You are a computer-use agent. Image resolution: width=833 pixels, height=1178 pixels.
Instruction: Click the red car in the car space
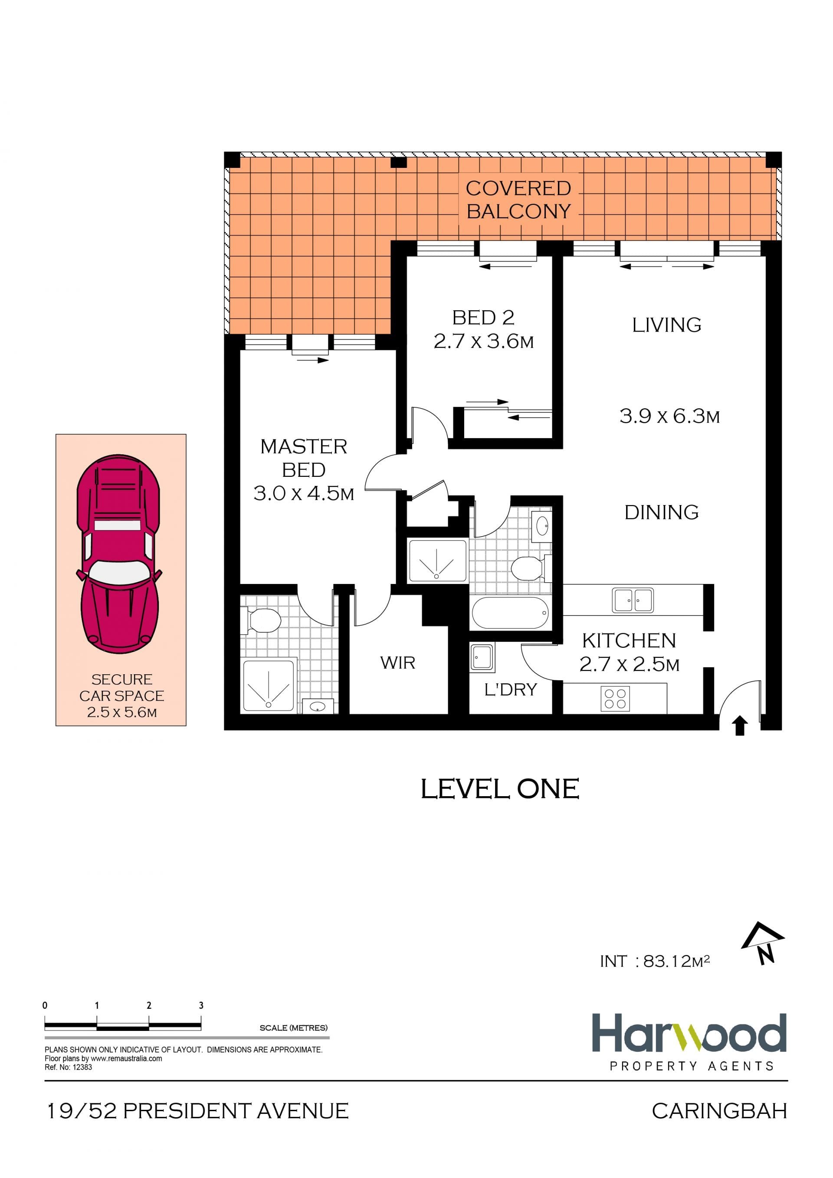[118, 553]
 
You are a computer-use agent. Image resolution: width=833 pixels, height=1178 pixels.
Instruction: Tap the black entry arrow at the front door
[739, 726]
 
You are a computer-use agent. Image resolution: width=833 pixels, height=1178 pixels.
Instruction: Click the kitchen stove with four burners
[615, 698]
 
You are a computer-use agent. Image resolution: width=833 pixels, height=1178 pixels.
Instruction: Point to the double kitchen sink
[633, 600]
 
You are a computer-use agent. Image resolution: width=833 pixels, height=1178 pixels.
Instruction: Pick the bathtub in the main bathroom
[510, 613]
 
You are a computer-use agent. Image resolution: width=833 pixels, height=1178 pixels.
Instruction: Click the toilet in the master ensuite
[262, 621]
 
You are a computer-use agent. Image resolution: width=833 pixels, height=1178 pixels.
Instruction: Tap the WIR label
[397, 663]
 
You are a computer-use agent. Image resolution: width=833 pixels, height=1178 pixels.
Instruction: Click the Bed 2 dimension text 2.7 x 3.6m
[484, 341]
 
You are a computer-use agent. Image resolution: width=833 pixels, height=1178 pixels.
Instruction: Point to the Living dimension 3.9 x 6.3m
[669, 416]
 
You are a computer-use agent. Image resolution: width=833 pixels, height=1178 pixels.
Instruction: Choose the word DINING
[661, 512]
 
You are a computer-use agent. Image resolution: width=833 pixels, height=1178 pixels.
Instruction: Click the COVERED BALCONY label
[518, 200]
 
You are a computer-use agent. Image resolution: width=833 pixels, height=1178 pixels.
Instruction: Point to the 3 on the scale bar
[201, 1005]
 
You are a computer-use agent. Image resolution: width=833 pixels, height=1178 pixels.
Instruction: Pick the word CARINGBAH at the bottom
[719, 1111]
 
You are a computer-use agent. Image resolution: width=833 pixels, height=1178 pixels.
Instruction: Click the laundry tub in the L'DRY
[482, 657]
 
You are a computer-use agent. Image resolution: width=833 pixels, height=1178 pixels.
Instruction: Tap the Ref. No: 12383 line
[68, 1067]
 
